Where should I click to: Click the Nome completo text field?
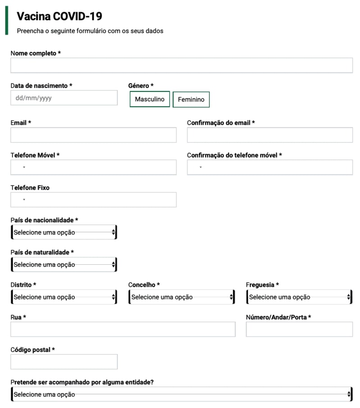(181, 65)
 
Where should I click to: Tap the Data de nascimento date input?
(64, 98)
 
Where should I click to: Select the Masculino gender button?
(150, 99)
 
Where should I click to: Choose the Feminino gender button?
(191, 100)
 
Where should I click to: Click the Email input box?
(94, 135)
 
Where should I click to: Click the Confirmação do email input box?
(270, 135)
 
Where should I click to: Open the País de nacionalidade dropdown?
(64, 232)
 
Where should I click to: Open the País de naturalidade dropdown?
(64, 265)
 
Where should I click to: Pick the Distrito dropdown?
(64, 297)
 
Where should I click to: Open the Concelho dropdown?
(181, 297)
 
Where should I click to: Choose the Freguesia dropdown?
(299, 297)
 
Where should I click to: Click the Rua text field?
(123, 330)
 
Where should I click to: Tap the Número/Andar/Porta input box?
(299, 330)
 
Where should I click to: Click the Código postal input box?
(64, 362)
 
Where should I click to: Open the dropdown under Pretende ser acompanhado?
(181, 394)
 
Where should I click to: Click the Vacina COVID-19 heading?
(59, 17)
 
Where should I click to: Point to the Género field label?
(141, 86)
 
